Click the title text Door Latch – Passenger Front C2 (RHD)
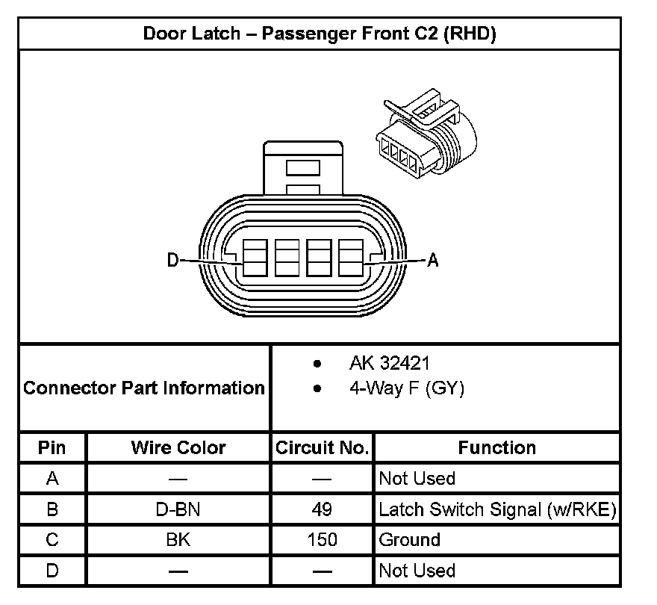[x=320, y=34]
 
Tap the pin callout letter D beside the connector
[x=173, y=261]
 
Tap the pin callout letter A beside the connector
[x=432, y=261]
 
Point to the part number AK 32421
[x=390, y=364]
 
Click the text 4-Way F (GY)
[x=406, y=389]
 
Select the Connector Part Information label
[x=144, y=388]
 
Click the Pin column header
[x=52, y=448]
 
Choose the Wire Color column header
[x=178, y=448]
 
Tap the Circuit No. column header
[x=323, y=448]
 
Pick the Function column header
[x=497, y=448]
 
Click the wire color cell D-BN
[x=178, y=510]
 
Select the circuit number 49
[x=323, y=510]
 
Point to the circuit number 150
[x=323, y=540]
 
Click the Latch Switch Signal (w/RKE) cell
[x=497, y=510]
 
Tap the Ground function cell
[x=410, y=540]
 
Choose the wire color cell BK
[x=178, y=540]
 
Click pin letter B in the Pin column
[x=52, y=510]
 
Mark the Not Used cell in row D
[x=417, y=571]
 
